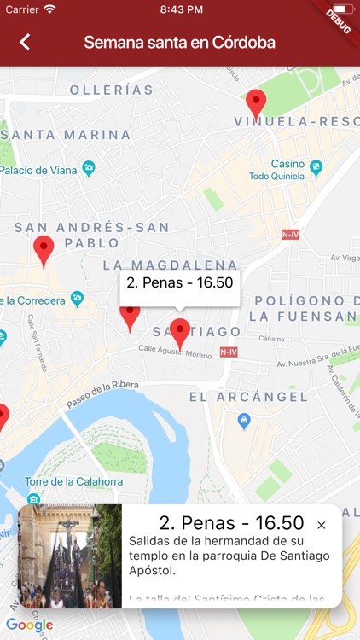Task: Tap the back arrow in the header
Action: (x=25, y=42)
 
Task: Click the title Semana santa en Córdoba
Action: (x=179, y=43)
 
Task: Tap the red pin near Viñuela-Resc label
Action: (x=255, y=104)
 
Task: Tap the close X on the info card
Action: (x=322, y=526)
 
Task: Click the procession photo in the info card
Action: (x=70, y=556)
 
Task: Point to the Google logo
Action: (x=29, y=625)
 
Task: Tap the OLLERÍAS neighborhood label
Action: (x=111, y=90)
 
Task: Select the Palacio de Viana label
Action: (x=38, y=170)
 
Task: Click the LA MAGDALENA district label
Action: (x=170, y=265)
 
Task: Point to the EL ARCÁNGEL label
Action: (x=248, y=397)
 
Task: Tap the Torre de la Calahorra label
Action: (x=73, y=481)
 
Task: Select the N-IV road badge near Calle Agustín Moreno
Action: (x=228, y=352)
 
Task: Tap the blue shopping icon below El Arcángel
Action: (x=244, y=421)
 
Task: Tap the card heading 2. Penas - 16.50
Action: (x=231, y=523)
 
